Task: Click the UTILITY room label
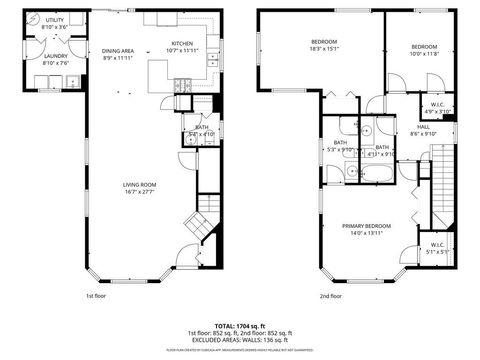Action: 54,20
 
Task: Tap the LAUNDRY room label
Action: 56,56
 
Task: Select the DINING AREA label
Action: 118,51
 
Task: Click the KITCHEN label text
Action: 182,43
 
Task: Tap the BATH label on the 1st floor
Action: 201,127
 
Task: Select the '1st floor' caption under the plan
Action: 95,295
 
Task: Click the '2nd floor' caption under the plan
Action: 330,295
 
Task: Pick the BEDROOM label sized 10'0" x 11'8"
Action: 424,47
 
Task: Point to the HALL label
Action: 423,127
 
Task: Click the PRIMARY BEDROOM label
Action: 365,226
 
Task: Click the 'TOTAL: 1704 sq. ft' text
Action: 239,326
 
